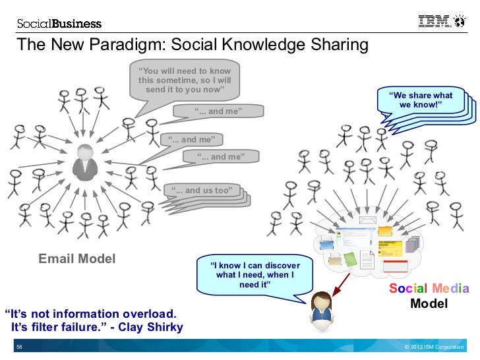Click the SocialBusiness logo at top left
point(59,24)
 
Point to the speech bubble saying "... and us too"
point(202,191)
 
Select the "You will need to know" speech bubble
point(184,80)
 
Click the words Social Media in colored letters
point(429,289)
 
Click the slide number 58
point(19,347)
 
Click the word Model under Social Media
point(429,304)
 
